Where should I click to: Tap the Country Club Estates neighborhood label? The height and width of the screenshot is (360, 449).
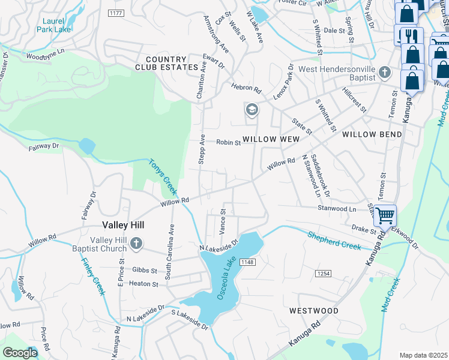(166, 63)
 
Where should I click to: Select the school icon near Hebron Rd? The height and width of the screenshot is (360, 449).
(251, 110)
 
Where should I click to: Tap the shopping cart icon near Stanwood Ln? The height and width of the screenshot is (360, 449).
(385, 214)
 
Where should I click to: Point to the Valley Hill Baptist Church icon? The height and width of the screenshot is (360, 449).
(136, 244)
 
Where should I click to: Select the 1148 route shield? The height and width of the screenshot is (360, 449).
(247, 262)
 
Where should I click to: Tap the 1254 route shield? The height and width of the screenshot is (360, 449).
(322, 274)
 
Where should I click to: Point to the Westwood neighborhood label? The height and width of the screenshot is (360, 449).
(313, 311)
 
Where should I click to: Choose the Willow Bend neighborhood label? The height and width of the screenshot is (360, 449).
(372, 134)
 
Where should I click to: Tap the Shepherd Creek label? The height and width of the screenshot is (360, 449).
(334, 240)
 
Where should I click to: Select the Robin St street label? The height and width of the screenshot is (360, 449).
(228, 143)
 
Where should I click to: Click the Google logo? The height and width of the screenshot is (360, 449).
(20, 352)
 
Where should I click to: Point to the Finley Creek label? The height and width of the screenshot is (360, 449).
(93, 277)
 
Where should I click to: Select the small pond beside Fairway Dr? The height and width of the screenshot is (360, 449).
(86, 146)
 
